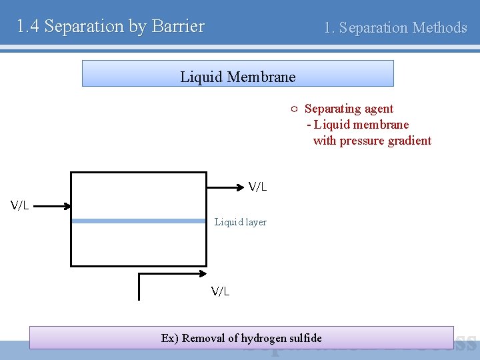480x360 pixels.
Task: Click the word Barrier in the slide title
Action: [178, 27]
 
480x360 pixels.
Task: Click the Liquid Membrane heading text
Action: [237, 77]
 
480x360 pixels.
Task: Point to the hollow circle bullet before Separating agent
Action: [293, 109]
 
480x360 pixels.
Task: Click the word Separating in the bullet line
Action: [331, 109]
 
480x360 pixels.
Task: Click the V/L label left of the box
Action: [20, 205]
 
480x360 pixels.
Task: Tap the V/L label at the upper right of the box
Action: [257, 187]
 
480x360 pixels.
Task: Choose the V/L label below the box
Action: [220, 291]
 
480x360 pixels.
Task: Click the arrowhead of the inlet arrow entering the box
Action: [67, 206]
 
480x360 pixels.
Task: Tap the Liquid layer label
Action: [240, 222]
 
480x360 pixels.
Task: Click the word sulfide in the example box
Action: [306, 338]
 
